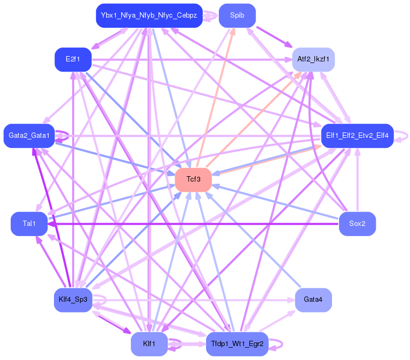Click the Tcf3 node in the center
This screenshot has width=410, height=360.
pyautogui.click(x=193, y=180)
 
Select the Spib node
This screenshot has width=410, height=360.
pyautogui.click(x=237, y=15)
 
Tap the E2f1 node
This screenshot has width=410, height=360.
pyautogui.click(x=73, y=59)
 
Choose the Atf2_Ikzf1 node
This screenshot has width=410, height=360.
pyautogui.click(x=313, y=59)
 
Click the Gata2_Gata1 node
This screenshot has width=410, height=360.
pyautogui.click(x=29, y=136)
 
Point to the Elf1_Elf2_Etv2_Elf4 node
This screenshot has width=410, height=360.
pyautogui.click(x=358, y=136)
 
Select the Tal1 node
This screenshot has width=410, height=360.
pyautogui.click(x=29, y=224)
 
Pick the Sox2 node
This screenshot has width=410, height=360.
pyautogui.click(x=358, y=224)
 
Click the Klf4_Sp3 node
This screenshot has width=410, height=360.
pyautogui.click(x=73, y=300)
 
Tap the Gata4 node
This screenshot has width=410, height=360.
pyautogui.click(x=313, y=300)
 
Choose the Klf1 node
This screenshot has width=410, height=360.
pyautogui.click(x=149, y=344)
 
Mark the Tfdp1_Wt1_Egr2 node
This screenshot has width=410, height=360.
pyautogui.click(x=237, y=344)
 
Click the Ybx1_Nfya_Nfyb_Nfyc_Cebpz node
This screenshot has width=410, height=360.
pyautogui.click(x=149, y=15)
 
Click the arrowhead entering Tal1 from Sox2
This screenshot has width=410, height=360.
pyautogui.click(x=51, y=224)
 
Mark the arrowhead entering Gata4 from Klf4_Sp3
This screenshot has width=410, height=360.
pyautogui.click(x=291, y=300)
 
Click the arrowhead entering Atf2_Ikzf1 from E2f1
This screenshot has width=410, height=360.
pyautogui.click(x=288, y=60)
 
